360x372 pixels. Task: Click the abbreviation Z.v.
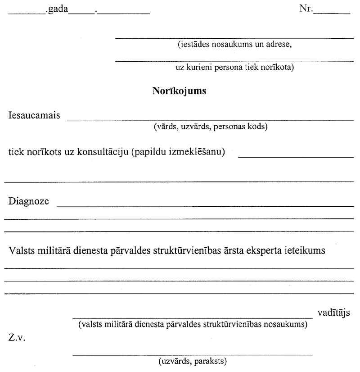[17, 336]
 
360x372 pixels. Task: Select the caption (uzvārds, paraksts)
[192, 361]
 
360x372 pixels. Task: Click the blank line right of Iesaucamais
[210, 121]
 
